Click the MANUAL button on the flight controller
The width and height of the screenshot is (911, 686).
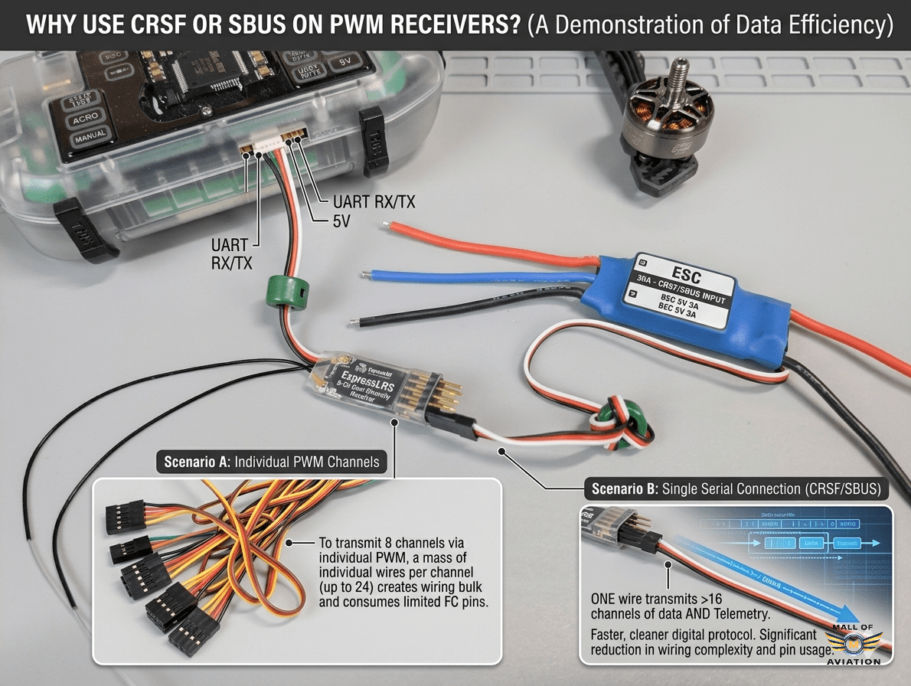pyautogui.click(x=90, y=140)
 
